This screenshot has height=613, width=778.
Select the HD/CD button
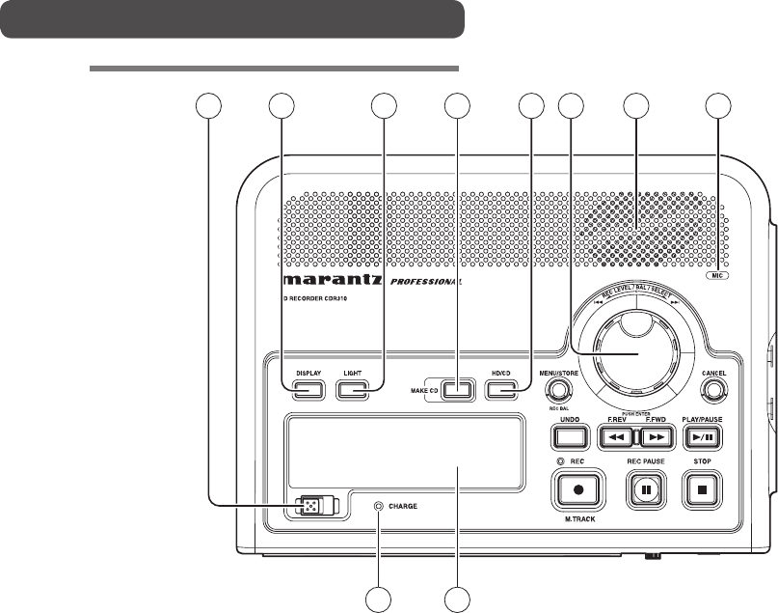tap(502, 390)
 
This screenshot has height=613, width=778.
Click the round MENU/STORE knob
tap(555, 390)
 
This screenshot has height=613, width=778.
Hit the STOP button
tap(710, 490)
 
